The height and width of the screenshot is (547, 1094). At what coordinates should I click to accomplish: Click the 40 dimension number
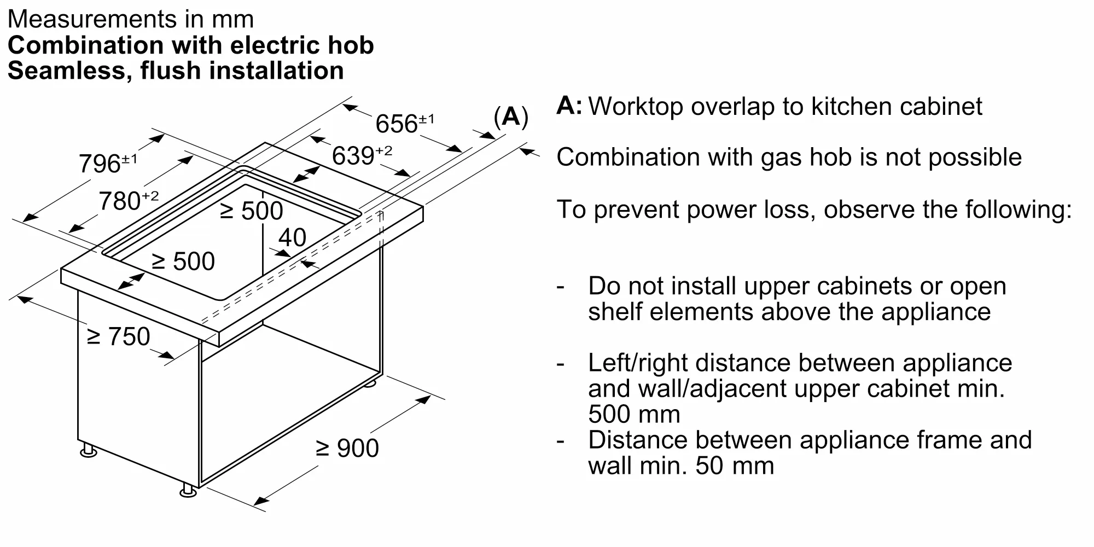click(292, 237)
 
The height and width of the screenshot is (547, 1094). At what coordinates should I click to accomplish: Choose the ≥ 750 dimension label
click(119, 336)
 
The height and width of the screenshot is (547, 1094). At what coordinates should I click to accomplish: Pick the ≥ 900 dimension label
click(348, 448)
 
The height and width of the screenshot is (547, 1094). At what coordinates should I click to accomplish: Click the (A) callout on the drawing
click(511, 117)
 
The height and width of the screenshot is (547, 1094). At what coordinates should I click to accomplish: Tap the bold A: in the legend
click(569, 106)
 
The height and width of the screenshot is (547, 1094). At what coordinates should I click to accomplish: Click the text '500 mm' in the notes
click(634, 414)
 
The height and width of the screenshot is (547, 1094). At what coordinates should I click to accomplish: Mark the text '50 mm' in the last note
click(735, 466)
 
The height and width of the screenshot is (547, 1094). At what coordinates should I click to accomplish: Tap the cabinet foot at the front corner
click(188, 491)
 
